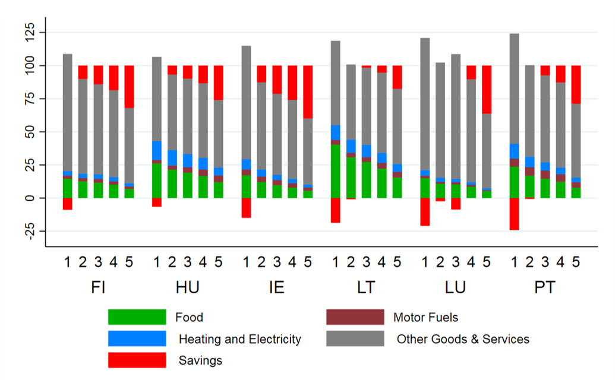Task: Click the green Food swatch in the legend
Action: [x=137, y=317]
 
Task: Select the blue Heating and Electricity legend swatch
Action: [x=137, y=339]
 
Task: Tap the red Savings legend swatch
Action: [x=137, y=360]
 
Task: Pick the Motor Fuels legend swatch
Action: [x=355, y=317]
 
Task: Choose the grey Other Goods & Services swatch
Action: [x=355, y=339]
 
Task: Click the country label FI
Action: [x=99, y=288]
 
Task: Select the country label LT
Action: [x=366, y=288]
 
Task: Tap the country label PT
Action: [x=544, y=288]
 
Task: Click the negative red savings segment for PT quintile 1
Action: [x=514, y=214]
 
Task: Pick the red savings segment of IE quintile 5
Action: [x=308, y=92]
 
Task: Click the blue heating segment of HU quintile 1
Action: [x=157, y=150]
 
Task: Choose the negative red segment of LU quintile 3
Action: [x=456, y=204]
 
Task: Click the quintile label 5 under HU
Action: [x=219, y=262]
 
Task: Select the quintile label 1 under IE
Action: [x=246, y=262]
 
